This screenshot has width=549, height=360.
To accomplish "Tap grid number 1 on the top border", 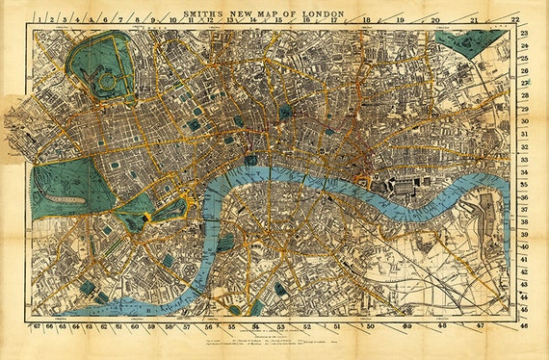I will tap(38, 18).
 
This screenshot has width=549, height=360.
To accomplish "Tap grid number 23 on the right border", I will tap(525, 34).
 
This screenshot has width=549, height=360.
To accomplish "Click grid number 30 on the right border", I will tap(525, 122).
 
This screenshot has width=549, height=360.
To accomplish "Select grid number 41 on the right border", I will tap(525, 259).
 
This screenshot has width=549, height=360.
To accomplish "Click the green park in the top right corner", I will tap(476, 42).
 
